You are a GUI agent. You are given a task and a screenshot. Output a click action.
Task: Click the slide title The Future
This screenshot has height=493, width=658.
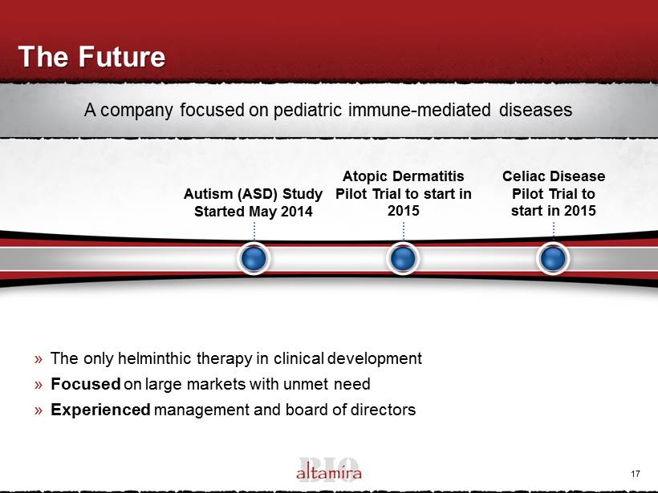click(92, 57)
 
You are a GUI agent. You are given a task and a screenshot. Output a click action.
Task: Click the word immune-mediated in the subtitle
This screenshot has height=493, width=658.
click(419, 110)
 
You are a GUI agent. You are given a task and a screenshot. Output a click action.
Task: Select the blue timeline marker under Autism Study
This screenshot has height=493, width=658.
click(254, 258)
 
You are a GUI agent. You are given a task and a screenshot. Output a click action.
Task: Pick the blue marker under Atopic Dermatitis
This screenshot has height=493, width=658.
click(403, 258)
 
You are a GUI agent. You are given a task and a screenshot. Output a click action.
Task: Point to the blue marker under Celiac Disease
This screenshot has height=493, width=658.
click(553, 258)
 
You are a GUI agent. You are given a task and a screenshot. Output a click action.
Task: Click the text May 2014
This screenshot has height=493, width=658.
click(281, 212)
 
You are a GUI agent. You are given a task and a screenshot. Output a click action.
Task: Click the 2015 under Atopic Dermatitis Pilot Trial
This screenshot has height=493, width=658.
click(404, 211)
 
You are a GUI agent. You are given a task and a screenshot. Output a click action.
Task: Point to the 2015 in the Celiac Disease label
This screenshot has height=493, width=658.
click(579, 211)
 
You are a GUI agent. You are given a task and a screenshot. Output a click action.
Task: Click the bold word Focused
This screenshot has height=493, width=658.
click(86, 384)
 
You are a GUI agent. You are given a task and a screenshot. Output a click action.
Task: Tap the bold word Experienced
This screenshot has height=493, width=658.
click(100, 410)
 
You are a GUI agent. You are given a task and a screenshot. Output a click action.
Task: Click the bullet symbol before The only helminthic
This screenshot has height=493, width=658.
click(39, 359)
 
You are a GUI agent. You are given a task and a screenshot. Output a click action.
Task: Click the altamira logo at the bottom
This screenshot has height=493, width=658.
click(329, 470)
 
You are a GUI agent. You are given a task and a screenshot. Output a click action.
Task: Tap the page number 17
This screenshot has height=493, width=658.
click(636, 474)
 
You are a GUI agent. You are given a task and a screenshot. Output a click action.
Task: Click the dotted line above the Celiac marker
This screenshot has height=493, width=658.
click(554, 231)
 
